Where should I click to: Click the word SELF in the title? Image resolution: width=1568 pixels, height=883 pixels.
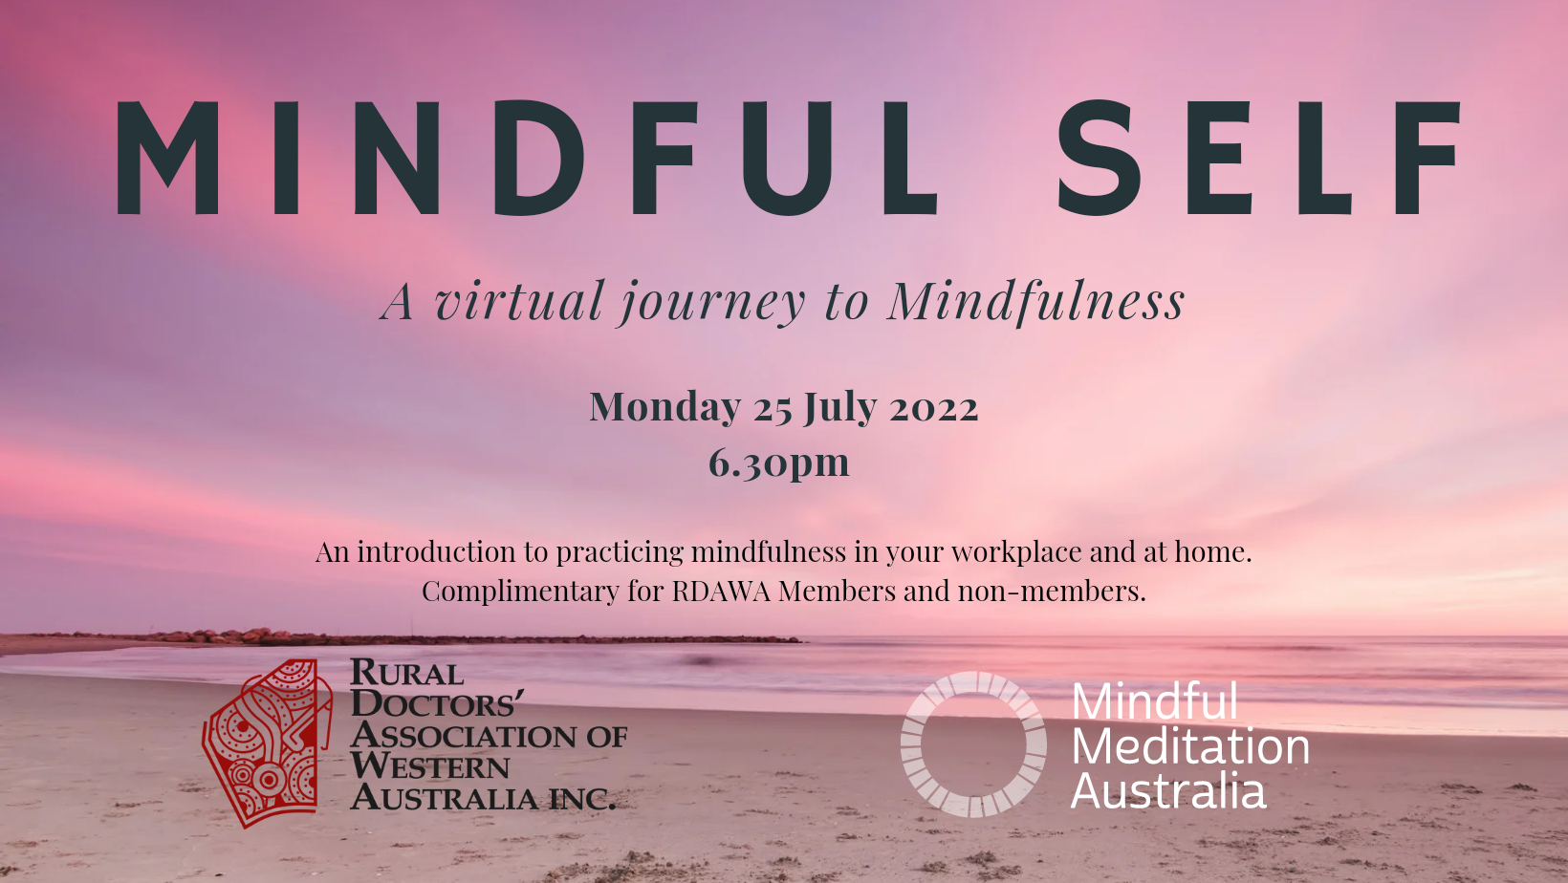tap(1259, 158)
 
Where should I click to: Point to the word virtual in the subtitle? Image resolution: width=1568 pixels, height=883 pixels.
tap(518, 301)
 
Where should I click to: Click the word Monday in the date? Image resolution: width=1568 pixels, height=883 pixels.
tap(664, 407)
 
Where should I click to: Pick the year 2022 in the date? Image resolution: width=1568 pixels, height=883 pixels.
tap(934, 409)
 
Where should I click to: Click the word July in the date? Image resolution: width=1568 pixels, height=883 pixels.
tap(839, 407)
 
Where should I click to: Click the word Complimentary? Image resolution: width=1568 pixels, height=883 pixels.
tap(520, 592)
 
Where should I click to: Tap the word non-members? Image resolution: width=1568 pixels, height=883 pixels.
tap(1052, 592)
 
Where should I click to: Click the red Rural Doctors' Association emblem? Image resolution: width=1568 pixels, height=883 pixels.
tap(267, 743)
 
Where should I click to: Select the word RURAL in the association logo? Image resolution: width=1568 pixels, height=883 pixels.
tap(406, 673)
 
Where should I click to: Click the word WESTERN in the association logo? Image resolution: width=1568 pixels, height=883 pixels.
tap(430, 766)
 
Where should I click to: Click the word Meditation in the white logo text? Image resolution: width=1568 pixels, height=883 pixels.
tap(1190, 747)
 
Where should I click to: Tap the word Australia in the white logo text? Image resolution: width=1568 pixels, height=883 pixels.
tap(1168, 790)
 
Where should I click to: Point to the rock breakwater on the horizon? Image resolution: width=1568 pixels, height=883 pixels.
tap(420, 636)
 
